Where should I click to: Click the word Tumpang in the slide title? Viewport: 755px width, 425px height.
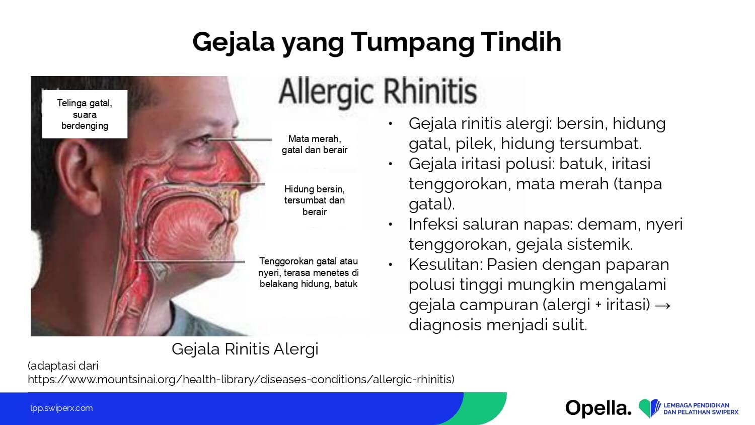point(412,42)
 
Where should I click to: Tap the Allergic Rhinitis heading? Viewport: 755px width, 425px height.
point(378,92)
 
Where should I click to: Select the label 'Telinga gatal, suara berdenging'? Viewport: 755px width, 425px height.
point(85,114)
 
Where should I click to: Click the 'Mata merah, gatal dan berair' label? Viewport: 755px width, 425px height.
point(315,145)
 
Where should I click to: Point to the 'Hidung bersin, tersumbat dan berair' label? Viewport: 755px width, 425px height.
point(315,200)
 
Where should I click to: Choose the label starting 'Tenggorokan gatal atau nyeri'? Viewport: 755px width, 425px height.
point(309,272)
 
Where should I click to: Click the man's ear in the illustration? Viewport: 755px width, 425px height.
point(79,175)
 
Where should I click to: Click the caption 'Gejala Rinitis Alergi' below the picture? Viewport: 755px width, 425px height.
point(245,349)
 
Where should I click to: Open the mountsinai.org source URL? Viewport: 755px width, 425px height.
point(241,380)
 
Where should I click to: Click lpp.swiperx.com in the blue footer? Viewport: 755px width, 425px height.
point(61,408)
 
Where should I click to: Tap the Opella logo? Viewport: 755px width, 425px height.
point(598,408)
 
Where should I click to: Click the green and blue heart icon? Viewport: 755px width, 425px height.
point(649,408)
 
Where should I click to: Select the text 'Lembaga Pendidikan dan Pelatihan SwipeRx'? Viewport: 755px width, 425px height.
point(701,408)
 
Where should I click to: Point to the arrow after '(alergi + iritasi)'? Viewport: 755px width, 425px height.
point(663,306)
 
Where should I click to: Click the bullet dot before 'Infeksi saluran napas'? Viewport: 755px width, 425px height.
point(390,224)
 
